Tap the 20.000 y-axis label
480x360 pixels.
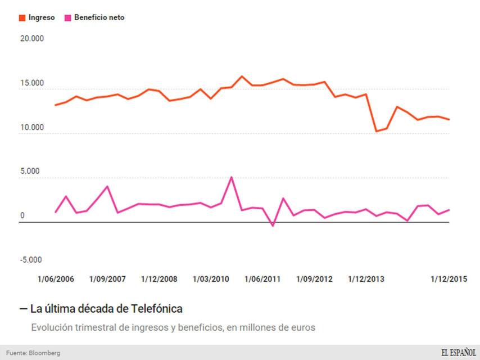tap(31, 39)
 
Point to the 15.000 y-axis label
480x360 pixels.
tap(31, 83)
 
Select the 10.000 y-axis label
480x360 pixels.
tap(31, 127)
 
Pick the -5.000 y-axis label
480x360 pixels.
tap(31, 260)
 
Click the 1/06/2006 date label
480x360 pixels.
tap(56, 279)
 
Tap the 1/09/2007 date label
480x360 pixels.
tap(107, 279)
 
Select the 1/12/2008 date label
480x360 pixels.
tap(159, 279)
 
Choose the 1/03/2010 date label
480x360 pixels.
tap(211, 279)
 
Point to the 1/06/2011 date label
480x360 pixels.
tap(262, 279)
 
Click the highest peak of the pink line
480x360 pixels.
tap(232, 177)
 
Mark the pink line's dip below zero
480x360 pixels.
tap(273, 226)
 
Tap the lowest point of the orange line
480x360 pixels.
tap(376, 131)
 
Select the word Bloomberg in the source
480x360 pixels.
tap(45, 353)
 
